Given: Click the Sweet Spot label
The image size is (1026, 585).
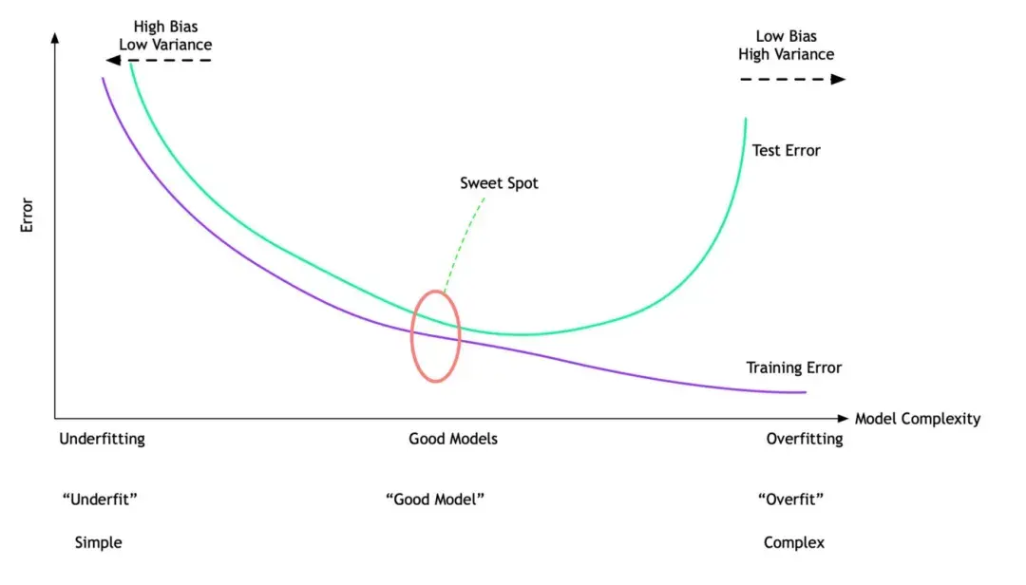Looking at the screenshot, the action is [499, 183].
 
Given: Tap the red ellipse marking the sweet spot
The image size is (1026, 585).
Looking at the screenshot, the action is [411, 336].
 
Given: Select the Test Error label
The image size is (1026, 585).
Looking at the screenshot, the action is [786, 150].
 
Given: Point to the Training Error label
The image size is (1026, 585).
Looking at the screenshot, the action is [793, 368].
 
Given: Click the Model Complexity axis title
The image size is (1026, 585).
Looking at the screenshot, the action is [918, 419].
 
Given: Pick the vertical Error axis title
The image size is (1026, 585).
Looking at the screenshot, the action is [27, 215].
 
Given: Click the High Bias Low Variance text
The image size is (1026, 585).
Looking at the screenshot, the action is [165, 35].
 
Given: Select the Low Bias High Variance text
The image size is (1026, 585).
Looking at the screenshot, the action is [786, 46].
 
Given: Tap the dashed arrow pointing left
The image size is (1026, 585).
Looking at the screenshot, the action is [159, 60].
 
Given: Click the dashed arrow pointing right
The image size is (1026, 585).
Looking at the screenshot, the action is [793, 79].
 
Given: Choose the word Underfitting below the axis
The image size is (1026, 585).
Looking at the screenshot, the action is [102, 439].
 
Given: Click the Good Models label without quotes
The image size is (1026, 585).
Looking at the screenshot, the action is [453, 439].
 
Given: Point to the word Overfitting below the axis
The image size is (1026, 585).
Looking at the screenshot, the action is [805, 439].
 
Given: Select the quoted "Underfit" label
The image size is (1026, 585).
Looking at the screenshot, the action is [100, 500].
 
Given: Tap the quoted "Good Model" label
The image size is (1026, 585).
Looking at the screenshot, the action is [435, 500].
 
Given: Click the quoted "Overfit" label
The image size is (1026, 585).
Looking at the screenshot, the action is [790, 500].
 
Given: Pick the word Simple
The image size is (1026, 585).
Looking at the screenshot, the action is [98, 542].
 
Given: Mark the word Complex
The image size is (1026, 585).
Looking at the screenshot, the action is [793, 542].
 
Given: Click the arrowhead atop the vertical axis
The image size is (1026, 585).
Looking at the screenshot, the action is [55, 38].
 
